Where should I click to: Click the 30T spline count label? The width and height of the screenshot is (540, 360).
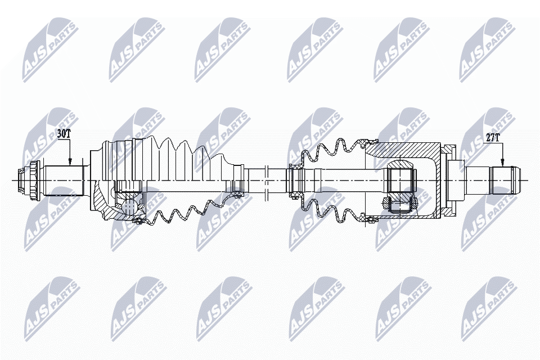64,134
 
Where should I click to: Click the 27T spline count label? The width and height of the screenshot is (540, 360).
493,137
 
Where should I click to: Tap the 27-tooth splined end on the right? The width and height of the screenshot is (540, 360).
503,179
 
